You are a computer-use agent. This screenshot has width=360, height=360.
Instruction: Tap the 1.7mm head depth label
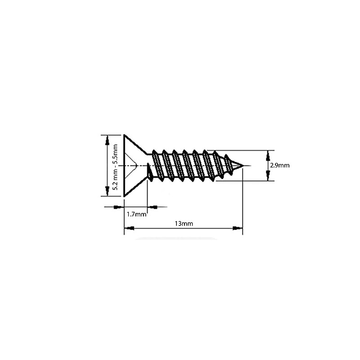tap(136, 214)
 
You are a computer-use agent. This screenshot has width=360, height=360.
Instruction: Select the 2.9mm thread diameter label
tap(279, 166)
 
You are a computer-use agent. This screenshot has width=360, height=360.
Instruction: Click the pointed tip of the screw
tap(243, 166)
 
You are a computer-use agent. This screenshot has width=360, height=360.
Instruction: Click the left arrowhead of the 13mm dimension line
tap(129, 229)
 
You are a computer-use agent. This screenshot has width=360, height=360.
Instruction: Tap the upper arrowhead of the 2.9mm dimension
tap(268, 156)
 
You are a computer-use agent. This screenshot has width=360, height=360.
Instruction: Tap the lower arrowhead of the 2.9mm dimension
tap(268, 176)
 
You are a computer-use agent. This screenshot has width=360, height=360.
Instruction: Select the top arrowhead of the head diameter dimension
tap(107, 140)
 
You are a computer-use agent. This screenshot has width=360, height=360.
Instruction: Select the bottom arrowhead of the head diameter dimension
tap(107, 191)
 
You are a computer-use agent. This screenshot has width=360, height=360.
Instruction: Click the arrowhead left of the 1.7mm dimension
tap(117, 207)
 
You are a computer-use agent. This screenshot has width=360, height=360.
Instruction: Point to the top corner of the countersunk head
tap(124, 135)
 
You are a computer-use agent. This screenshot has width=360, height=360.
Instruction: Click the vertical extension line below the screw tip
tap(243, 202)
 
